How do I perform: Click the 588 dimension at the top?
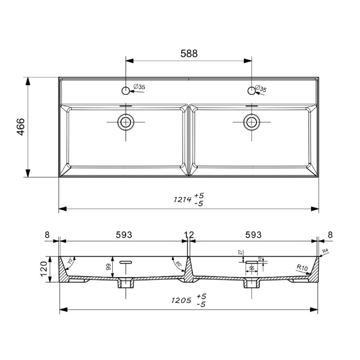point(189,54)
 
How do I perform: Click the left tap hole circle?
point(126,91)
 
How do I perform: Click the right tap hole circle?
point(251,90)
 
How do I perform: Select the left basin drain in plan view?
point(126,122)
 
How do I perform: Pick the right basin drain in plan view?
point(251,122)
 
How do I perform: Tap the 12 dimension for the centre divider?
point(189,235)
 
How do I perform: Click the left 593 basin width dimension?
point(124,235)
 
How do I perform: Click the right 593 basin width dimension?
point(253,235)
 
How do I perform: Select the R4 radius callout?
point(326,252)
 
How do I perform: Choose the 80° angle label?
point(178,264)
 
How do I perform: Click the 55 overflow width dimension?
point(252,268)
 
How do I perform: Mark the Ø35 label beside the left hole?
point(139,87)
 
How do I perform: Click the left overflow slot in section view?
point(126,262)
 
